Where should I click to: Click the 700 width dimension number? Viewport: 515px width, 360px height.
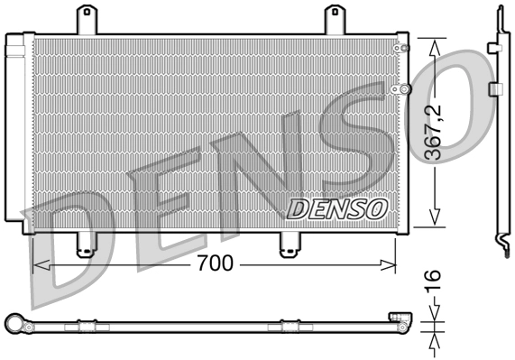pyautogui.click(x=216, y=263)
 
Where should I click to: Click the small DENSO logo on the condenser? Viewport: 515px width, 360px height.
pyautogui.click(x=336, y=208)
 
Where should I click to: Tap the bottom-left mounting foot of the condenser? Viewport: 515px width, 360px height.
pyautogui.click(x=86, y=245)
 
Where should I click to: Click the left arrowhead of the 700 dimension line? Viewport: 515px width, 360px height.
pyautogui.click(x=38, y=264)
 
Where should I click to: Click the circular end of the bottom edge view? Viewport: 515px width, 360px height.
pyautogui.click(x=14, y=322)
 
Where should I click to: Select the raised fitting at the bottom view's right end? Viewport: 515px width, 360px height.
pyautogui.click(x=398, y=317)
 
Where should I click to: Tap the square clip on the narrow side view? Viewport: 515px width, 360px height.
pyautogui.click(x=494, y=89)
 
